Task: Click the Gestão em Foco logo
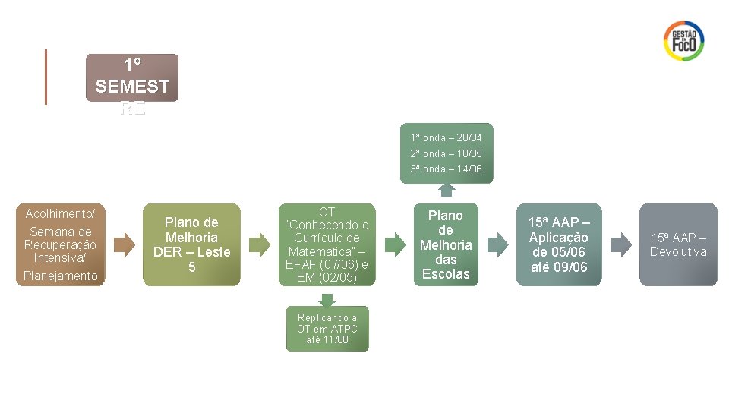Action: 683,40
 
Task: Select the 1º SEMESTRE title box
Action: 132,77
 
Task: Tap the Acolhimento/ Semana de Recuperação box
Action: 61,244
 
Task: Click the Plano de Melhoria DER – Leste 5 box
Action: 191,244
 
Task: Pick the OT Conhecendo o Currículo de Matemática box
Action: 327,244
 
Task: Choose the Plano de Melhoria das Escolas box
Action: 446,244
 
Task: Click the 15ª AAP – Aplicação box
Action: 558,244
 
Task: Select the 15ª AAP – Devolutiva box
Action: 678,244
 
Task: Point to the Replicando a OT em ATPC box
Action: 327,329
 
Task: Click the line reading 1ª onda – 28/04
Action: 447,137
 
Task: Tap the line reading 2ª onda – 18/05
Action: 447,153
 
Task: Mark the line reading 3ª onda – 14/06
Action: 447,169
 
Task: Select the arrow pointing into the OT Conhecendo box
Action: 260,244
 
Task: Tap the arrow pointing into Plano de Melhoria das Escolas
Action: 394,244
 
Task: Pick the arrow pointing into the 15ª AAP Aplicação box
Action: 498,244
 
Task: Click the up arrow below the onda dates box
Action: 447,190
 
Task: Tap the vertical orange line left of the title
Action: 46,77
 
